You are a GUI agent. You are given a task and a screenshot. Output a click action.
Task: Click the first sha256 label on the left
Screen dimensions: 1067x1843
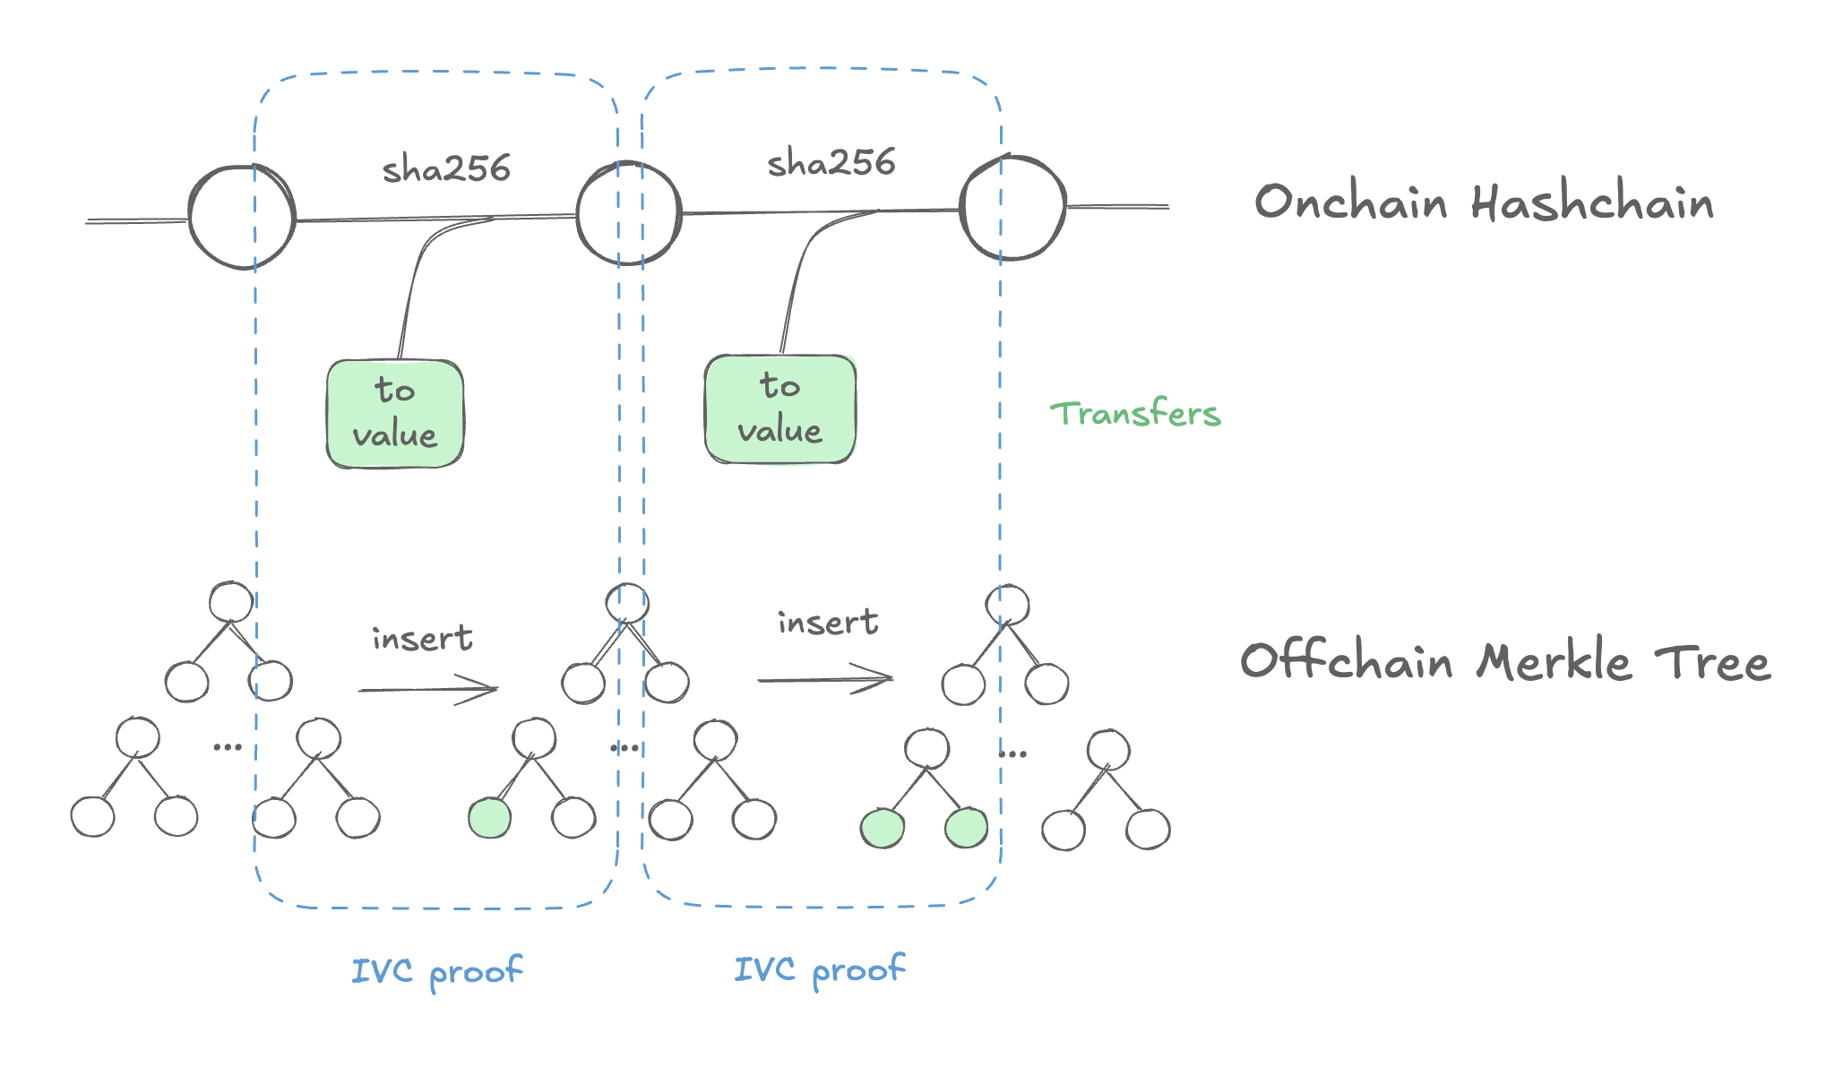[x=446, y=168]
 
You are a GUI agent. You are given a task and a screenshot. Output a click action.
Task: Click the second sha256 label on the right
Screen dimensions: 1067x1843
[x=831, y=163]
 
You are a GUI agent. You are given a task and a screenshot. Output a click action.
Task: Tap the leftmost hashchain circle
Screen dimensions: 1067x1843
[x=242, y=217]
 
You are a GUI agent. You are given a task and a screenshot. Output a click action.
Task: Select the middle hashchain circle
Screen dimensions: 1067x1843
[x=628, y=213]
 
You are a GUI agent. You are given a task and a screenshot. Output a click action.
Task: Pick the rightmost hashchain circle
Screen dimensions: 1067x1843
[x=1012, y=208]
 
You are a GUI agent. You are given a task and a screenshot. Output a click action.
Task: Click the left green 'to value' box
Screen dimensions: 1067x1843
[x=395, y=414]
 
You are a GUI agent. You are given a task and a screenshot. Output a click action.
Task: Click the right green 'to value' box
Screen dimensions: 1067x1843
[x=779, y=409]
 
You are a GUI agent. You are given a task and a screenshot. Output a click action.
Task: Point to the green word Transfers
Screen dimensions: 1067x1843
[x=1135, y=414]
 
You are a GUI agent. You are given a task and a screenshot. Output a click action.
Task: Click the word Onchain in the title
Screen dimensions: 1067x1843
[x=1350, y=202]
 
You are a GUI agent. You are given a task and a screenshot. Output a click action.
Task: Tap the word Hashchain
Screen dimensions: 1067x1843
[x=1592, y=202]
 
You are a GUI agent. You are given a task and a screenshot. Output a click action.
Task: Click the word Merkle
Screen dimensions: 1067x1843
[x=1554, y=663]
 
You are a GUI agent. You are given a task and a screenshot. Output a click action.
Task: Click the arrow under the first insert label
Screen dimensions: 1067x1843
[x=428, y=690]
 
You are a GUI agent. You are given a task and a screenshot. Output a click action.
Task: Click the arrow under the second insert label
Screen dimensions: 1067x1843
[x=825, y=679]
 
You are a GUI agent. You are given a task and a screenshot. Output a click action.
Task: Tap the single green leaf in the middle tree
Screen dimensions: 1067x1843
[x=490, y=818]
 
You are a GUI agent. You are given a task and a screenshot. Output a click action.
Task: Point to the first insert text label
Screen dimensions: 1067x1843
[x=422, y=638]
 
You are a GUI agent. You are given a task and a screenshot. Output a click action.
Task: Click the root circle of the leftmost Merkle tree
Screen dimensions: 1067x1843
[x=231, y=601]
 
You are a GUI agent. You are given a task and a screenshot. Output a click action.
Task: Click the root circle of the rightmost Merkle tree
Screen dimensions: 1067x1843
[x=1007, y=605]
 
